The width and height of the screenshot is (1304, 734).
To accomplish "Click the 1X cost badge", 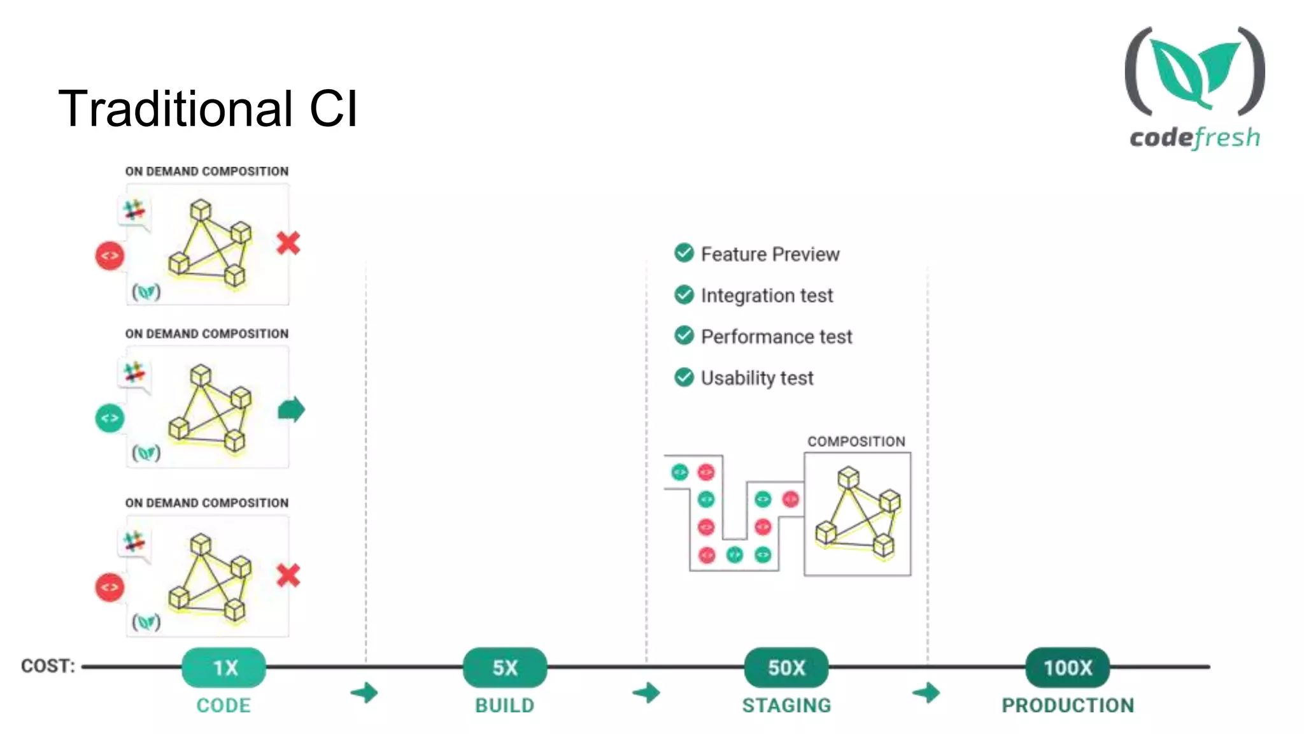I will click(223, 667).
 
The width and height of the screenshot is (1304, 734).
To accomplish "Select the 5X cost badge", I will click(505, 667).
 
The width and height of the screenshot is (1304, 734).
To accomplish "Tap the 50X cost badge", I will click(786, 667).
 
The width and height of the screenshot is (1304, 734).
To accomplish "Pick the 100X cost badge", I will click(1068, 667).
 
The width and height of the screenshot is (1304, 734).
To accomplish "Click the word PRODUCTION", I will click(1068, 705).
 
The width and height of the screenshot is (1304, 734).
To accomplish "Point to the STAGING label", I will click(786, 705).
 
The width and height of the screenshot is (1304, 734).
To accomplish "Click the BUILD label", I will click(505, 705).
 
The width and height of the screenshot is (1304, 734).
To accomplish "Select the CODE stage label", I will click(223, 705).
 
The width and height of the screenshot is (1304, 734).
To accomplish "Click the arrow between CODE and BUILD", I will click(365, 693).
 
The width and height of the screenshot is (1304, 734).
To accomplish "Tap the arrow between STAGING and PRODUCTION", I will click(926, 693).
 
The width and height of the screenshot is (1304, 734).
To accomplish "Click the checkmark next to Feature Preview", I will click(684, 253).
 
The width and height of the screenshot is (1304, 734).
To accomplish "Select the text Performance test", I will click(776, 336).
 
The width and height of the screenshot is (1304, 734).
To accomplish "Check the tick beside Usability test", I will click(684, 377).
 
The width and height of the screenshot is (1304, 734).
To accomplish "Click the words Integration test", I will click(767, 296).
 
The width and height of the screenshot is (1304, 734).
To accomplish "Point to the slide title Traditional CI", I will click(208, 108).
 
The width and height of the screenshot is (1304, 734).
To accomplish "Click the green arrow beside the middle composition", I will click(292, 410).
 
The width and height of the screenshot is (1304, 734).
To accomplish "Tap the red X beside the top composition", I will click(288, 243).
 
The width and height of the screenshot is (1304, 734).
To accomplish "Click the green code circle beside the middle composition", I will click(110, 418).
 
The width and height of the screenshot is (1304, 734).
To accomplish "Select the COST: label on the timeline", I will click(48, 666).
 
